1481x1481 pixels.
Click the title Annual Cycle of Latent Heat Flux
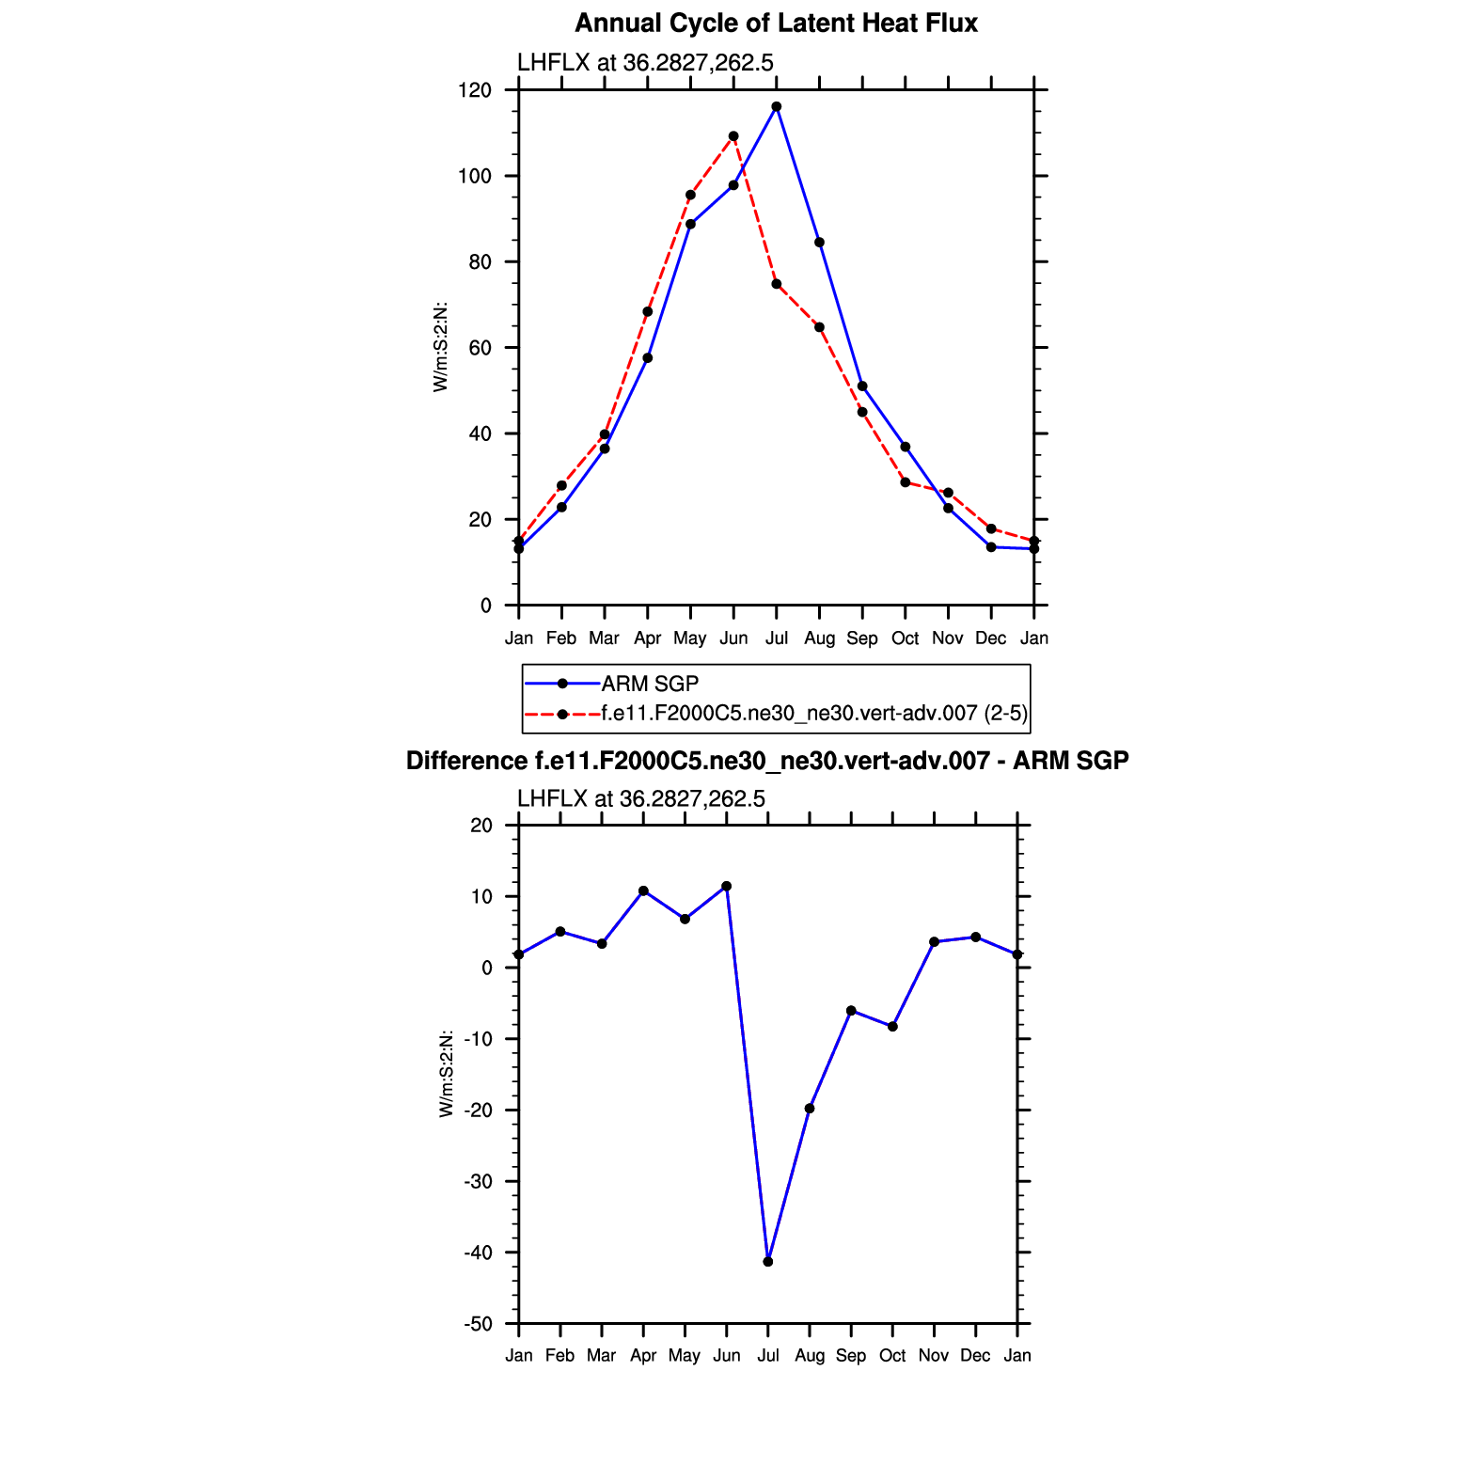click(776, 24)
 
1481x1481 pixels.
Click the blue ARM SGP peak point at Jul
click(777, 107)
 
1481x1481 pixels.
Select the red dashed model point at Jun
click(733, 136)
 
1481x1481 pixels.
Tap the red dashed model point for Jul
click(777, 284)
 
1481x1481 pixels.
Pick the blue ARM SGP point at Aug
click(819, 243)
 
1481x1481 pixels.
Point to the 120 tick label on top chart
click(475, 90)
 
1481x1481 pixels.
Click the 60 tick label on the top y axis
click(481, 348)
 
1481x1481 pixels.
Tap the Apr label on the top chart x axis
click(647, 638)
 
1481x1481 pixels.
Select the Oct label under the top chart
click(905, 638)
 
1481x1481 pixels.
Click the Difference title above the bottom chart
click(767, 761)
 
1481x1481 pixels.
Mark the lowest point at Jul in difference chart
click(768, 1262)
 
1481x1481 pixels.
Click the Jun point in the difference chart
click(727, 887)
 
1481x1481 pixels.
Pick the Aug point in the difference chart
click(810, 1109)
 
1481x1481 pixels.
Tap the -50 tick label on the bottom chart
click(478, 1324)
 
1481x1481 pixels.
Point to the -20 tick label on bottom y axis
click(478, 1111)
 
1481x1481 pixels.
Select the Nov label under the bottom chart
click(934, 1356)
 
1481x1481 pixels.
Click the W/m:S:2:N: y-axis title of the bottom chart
click(447, 1074)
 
